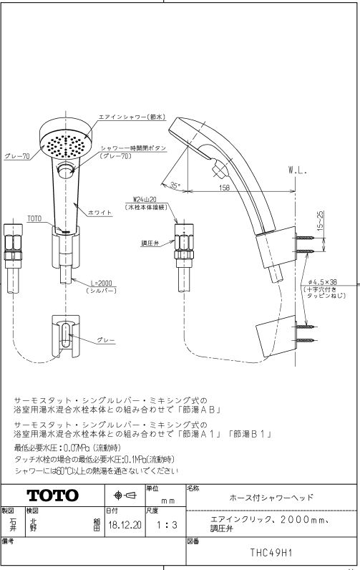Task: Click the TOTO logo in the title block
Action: [x=53, y=495]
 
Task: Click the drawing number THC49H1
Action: [x=271, y=553]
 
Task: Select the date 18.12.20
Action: [x=125, y=525]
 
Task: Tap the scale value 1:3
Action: [x=166, y=525]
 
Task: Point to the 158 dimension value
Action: [x=225, y=188]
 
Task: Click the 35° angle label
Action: [x=175, y=185]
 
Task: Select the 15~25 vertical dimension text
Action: [x=320, y=221]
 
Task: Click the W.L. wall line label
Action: [x=298, y=170]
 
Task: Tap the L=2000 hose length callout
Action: [x=101, y=283]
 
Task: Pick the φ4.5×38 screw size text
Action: [x=322, y=281]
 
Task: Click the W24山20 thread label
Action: [x=145, y=200]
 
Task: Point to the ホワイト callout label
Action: [x=99, y=213]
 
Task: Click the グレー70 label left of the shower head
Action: [x=17, y=157]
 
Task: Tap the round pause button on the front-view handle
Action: [x=65, y=170]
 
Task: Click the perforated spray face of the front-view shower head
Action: [x=65, y=146]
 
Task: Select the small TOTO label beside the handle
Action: [x=34, y=218]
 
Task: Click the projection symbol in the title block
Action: [x=125, y=495]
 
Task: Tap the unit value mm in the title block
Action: [x=167, y=501]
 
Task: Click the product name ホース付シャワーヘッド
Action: [x=271, y=497]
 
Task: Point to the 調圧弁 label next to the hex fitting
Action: [x=150, y=243]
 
